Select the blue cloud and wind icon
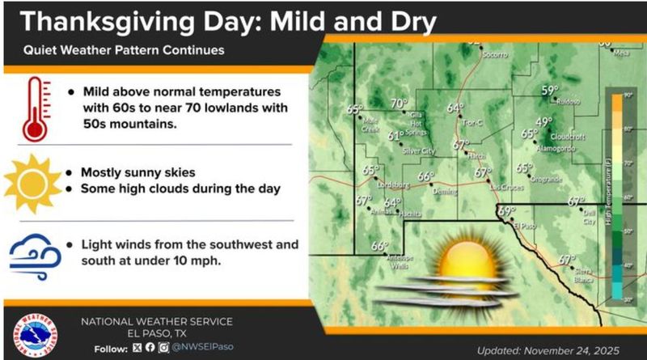click(x=33, y=253)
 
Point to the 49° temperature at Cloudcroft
click(x=543, y=122)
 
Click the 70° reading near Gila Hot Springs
click(x=399, y=104)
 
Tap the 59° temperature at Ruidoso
click(x=550, y=91)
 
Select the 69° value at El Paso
click(x=505, y=211)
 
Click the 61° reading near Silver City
click(x=395, y=136)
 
